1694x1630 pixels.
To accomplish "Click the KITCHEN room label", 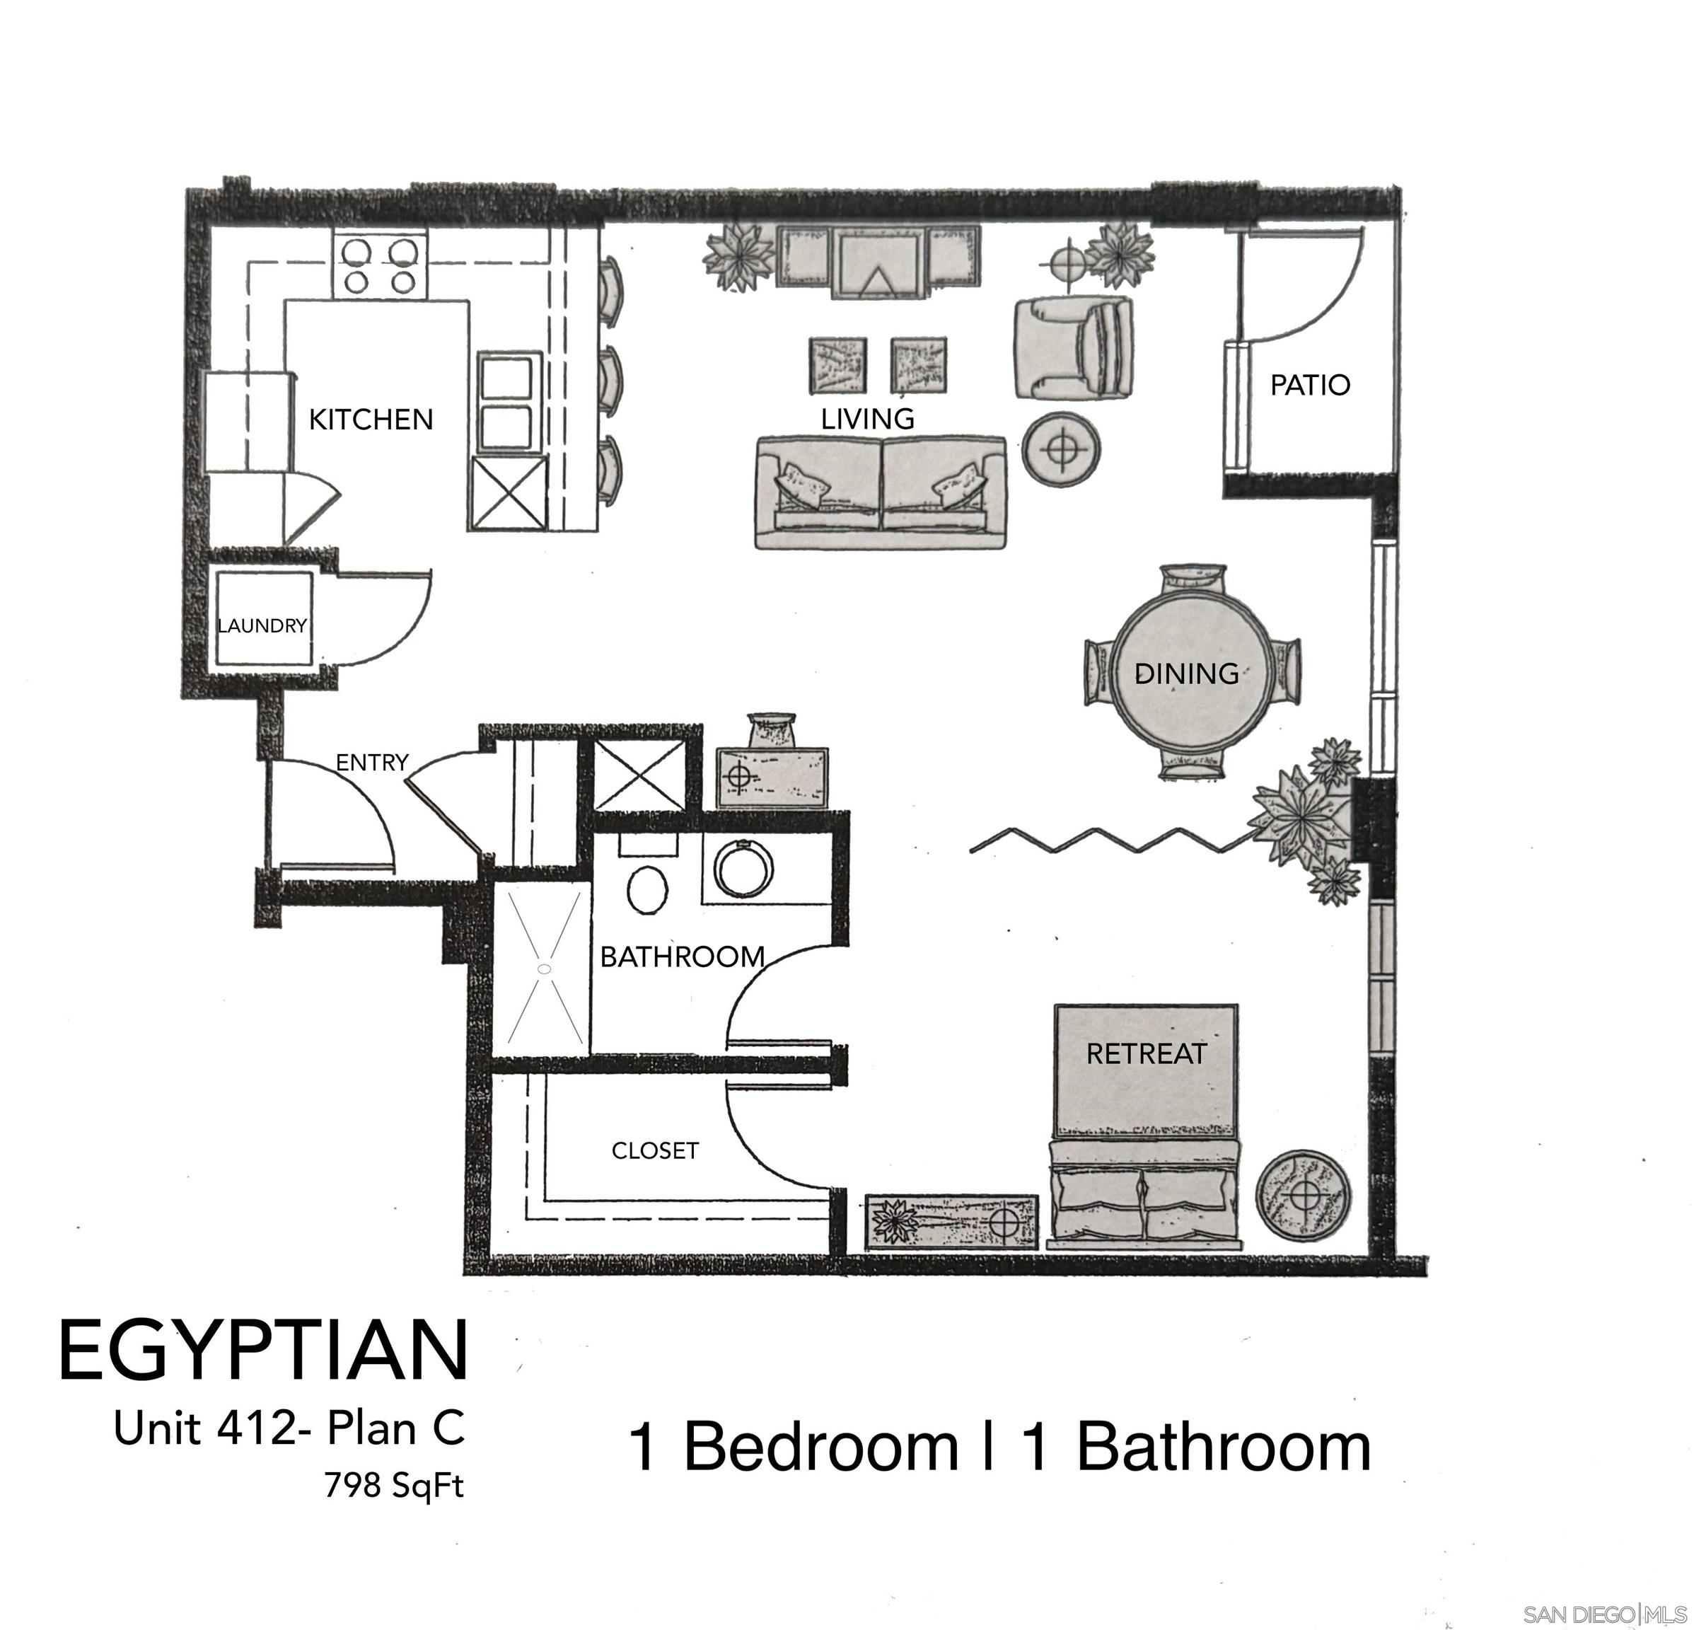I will (371, 420).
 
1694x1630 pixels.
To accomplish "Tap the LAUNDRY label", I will (262, 625).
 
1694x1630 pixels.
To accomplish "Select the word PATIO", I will (1309, 386).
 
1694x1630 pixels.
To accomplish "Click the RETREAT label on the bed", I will (1146, 1054).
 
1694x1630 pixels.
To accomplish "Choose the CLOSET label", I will (654, 1151).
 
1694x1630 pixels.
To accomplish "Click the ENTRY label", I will (371, 762).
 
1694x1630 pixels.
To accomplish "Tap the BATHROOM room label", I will (682, 956).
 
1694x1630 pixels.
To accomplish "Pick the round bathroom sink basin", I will (744, 869).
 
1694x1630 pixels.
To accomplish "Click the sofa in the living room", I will (880, 492).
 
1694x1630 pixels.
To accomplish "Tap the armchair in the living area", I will (1074, 348).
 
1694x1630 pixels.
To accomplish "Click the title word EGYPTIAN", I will (262, 1351).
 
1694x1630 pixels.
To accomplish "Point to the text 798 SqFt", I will (394, 1485).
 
